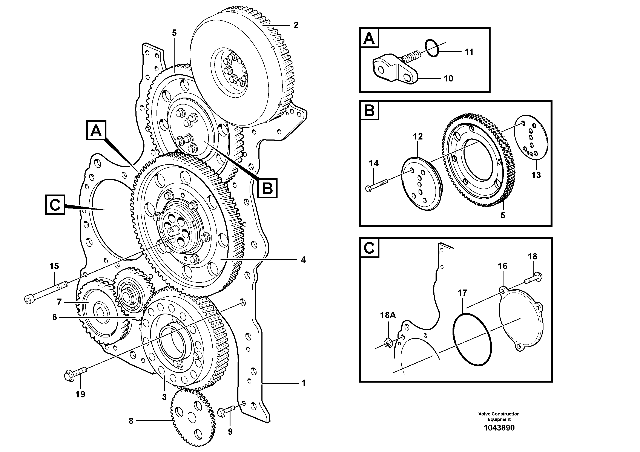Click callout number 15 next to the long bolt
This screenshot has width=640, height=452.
[x=54, y=266]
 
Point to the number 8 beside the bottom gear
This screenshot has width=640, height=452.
[x=131, y=421]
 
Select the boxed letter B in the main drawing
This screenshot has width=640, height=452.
[x=267, y=188]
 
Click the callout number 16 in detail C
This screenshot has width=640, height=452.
[x=503, y=266]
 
